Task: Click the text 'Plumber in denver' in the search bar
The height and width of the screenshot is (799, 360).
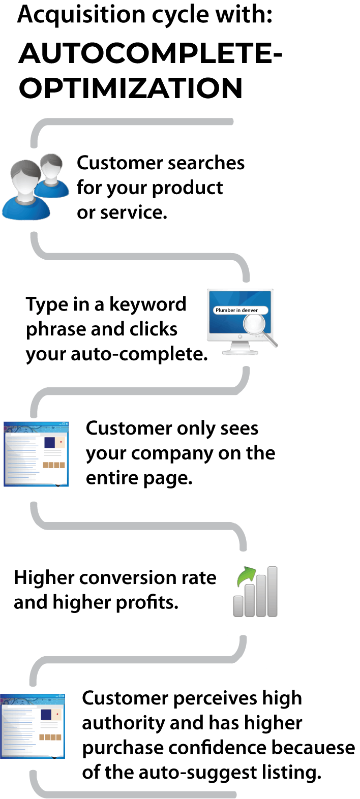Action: tap(236, 310)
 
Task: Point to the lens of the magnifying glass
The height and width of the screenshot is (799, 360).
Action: tap(254, 324)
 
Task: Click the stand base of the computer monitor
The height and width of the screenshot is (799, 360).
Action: tap(240, 352)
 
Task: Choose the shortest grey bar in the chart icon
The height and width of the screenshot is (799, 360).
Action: tap(238, 606)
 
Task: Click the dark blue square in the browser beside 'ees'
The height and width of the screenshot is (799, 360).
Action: tap(49, 442)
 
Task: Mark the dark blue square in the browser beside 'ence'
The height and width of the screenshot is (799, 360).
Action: tap(46, 715)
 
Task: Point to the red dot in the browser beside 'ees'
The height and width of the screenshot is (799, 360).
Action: tap(61, 442)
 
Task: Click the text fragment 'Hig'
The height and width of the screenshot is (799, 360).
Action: tap(29, 578)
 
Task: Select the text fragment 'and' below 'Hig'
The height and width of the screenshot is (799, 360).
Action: tap(29, 602)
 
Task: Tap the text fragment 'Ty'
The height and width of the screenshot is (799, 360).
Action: tap(37, 304)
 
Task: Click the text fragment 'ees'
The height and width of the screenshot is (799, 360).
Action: tap(246, 428)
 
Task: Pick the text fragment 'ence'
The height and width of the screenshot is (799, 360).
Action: tap(249, 748)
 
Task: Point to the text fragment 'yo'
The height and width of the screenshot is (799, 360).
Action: tap(36, 354)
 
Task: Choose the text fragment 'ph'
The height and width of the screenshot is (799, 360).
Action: tap(37, 329)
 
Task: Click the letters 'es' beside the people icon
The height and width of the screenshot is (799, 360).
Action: tap(236, 164)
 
